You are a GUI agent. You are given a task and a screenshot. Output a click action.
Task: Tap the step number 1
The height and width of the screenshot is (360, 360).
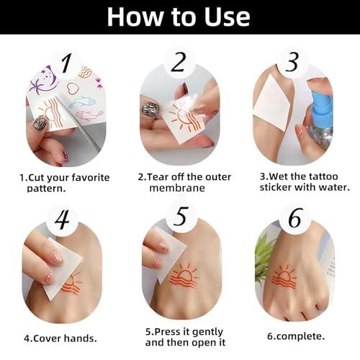(x=66, y=64)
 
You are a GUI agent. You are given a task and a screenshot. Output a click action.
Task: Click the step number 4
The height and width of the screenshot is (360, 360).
(x=62, y=219)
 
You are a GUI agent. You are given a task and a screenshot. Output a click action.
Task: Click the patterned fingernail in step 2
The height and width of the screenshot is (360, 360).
(x=152, y=110)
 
